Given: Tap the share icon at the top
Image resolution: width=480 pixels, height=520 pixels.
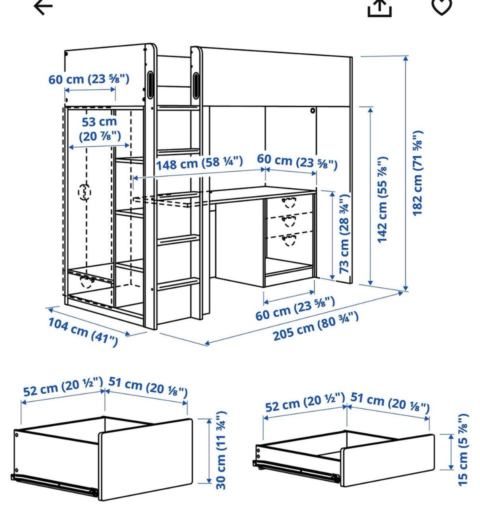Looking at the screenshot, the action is (x=379, y=8).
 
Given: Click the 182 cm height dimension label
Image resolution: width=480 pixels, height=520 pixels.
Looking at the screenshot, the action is (x=417, y=173).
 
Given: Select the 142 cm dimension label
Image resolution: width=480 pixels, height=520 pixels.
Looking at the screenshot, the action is (x=382, y=199).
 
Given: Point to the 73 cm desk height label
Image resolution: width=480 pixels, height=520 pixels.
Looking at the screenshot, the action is (x=344, y=234).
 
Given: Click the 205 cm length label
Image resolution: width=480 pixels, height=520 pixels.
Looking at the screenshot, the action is (x=315, y=326).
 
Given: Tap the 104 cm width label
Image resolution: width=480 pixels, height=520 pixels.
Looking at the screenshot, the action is (x=83, y=331).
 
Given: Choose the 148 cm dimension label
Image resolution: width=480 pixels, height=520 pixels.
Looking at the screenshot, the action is (x=199, y=162).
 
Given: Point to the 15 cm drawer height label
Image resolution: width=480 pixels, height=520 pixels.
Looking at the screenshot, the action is (x=463, y=449).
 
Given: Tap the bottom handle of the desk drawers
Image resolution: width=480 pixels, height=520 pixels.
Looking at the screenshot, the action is (x=288, y=239).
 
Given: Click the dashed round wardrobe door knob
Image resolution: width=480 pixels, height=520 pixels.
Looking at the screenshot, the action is (x=84, y=192).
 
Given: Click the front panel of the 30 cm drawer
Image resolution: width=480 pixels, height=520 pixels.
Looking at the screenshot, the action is (x=145, y=459).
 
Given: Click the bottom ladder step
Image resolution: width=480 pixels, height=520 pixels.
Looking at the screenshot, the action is (x=178, y=284).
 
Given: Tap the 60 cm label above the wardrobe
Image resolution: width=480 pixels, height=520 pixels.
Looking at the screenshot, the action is (x=88, y=79).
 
